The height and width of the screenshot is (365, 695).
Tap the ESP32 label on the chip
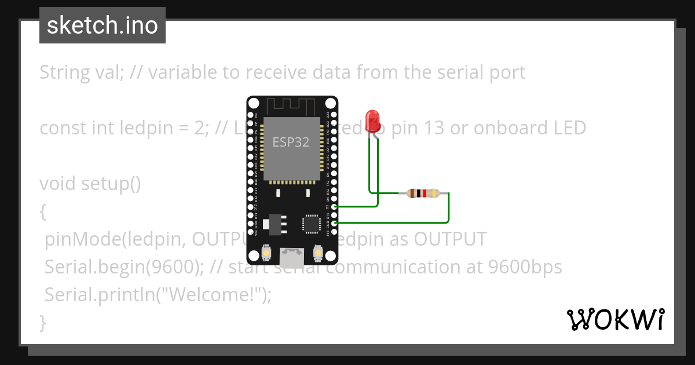click(291, 142)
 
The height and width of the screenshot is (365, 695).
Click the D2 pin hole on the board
click(334, 206)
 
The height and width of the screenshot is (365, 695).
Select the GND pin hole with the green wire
click(334, 222)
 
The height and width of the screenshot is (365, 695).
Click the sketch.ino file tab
click(103, 25)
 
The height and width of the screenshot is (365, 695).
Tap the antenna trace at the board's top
click(292, 106)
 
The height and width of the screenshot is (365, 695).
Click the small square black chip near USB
click(311, 224)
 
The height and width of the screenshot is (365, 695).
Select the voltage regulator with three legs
click(273, 224)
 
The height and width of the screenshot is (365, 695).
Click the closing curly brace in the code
click(42, 322)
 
